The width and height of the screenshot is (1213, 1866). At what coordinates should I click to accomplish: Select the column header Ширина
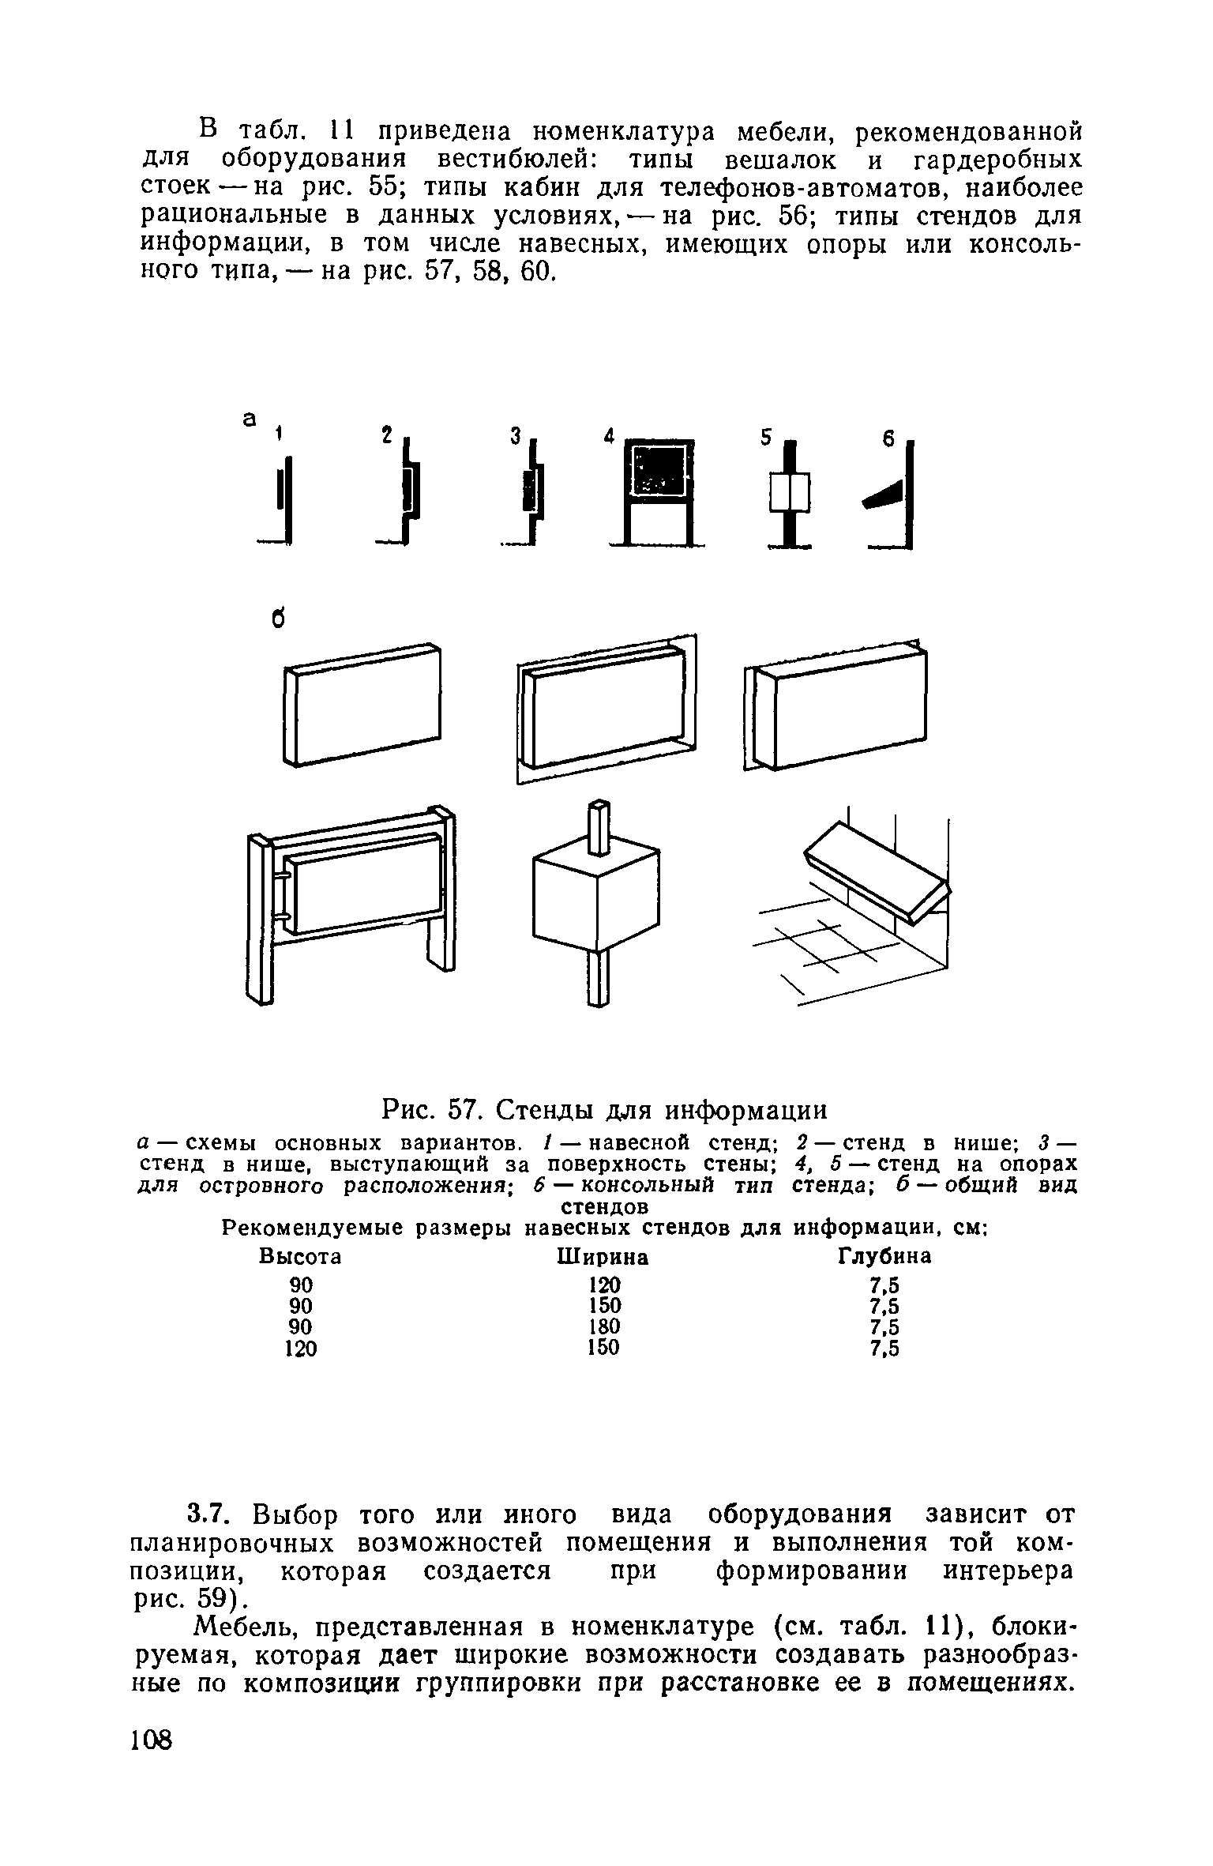(603, 1256)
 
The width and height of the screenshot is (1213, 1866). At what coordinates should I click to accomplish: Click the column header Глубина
(884, 1256)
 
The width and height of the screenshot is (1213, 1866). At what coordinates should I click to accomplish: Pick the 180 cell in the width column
(604, 1326)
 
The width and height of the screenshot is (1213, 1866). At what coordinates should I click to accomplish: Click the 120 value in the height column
(300, 1349)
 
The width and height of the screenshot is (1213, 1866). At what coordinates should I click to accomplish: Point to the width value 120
(604, 1284)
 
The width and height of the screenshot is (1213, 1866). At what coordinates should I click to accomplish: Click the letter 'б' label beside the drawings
(278, 619)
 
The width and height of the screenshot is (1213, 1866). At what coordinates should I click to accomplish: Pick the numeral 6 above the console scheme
(888, 439)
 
